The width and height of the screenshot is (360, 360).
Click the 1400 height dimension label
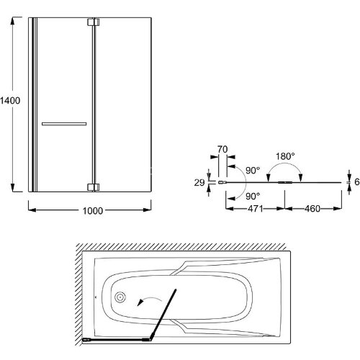[10, 100]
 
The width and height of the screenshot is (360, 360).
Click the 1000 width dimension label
[93, 211]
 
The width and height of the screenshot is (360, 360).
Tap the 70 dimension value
[222, 150]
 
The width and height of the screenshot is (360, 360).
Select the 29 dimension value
[199, 183]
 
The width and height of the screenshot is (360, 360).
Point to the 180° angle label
[285, 156]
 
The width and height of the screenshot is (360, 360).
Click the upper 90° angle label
[253, 171]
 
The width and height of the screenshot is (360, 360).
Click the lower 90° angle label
[253, 197]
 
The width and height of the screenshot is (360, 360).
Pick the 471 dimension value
[256, 209]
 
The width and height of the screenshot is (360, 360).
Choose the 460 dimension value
[312, 209]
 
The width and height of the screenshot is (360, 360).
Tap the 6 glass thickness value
[357, 182]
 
